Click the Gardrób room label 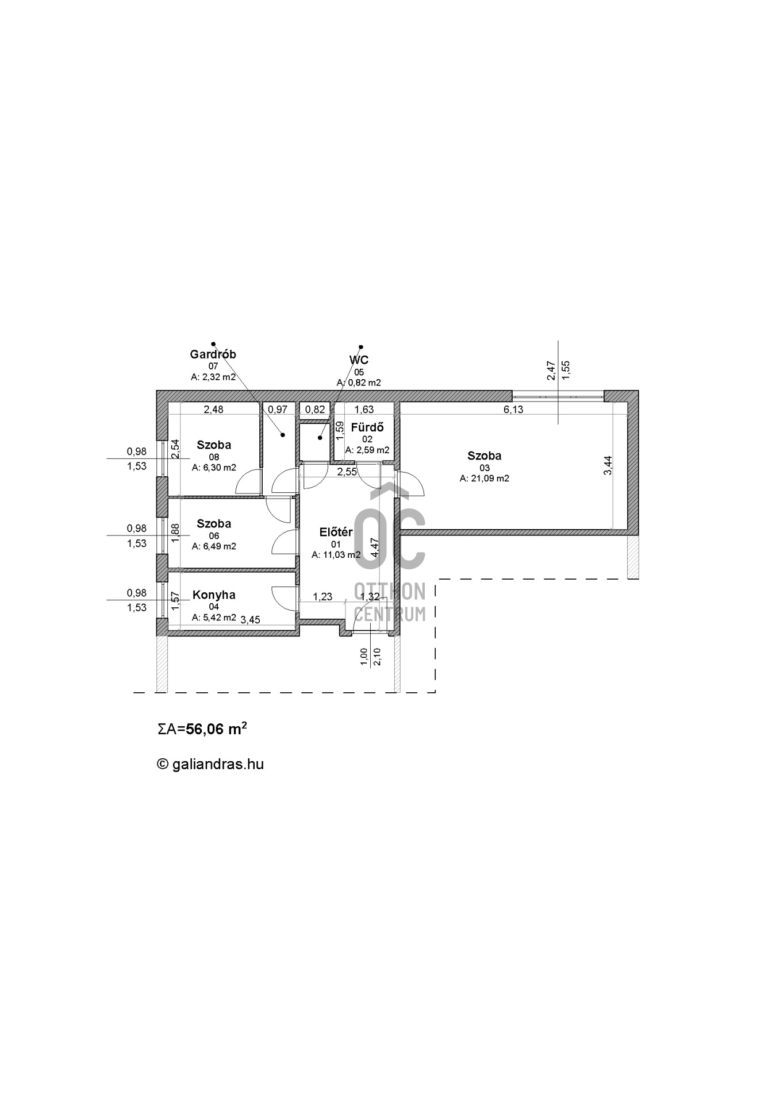[213, 354]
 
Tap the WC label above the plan [359, 360]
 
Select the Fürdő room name [367, 427]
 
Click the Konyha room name [214, 595]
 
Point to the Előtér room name [336, 533]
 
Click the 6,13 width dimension [513, 409]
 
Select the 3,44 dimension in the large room [608, 465]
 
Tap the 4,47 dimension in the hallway [375, 547]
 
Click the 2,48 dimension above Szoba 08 [213, 409]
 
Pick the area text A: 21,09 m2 [485, 478]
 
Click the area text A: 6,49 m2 [214, 546]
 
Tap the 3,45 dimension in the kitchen [251, 619]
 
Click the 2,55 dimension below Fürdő [347, 472]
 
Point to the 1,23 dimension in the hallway [322, 597]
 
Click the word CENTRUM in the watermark [390, 614]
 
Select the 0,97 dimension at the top [278, 409]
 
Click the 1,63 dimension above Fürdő [364, 409]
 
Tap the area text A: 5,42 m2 [214, 618]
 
